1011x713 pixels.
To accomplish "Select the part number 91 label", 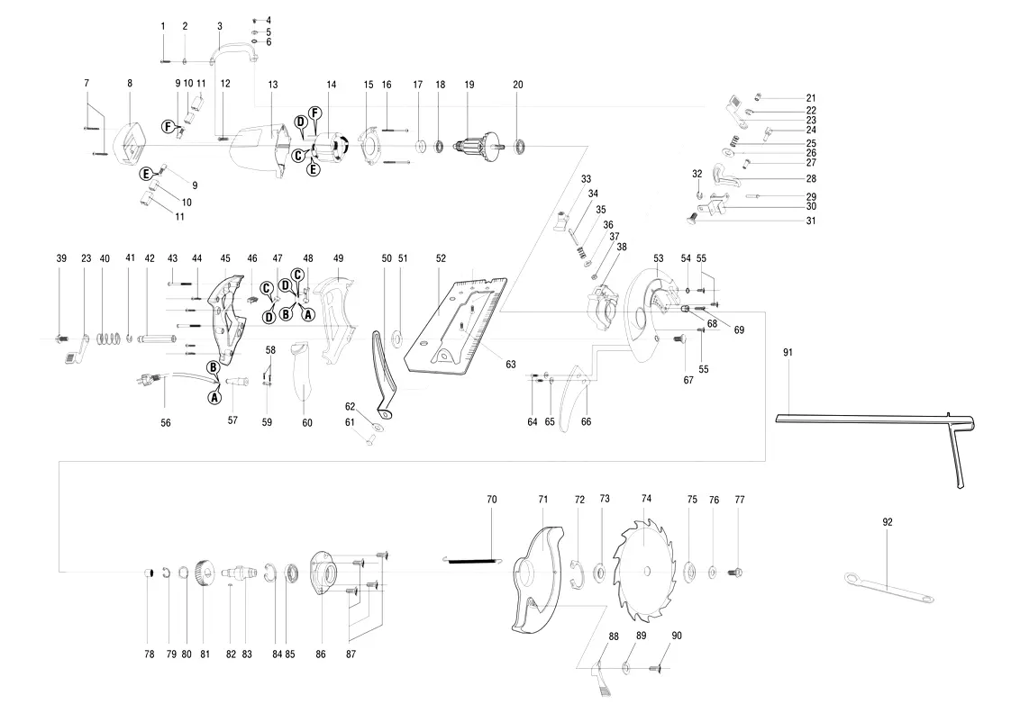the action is point(788,352).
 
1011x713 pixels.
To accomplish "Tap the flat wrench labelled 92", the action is point(889,586).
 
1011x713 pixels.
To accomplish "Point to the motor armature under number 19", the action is point(478,145).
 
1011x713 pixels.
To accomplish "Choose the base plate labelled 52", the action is point(455,326).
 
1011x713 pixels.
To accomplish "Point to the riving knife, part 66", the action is point(574,399).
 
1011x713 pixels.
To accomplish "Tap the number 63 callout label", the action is point(511,365).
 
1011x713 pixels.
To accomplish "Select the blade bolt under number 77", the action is point(734,571).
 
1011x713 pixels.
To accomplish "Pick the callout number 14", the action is point(332,85).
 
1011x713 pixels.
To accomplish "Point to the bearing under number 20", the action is point(519,146).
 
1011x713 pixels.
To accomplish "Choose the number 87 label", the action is point(351,654).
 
